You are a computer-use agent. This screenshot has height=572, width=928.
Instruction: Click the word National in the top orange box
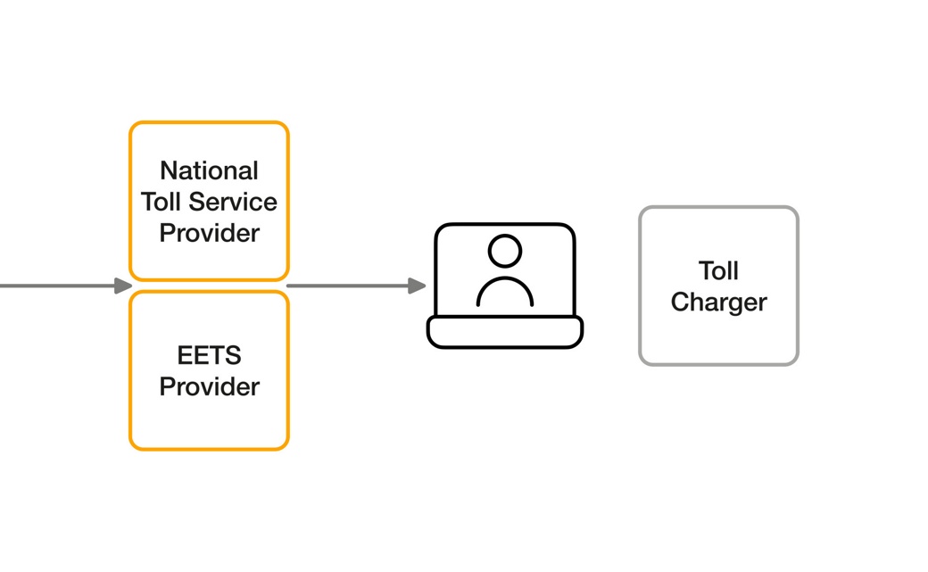point(209,170)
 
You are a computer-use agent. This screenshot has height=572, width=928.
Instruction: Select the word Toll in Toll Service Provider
point(160,202)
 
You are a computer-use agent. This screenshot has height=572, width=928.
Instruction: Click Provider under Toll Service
point(209,233)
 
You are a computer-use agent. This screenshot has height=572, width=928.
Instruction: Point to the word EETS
point(209,355)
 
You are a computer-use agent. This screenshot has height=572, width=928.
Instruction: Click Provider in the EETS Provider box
point(209,386)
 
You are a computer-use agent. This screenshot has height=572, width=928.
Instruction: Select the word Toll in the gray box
point(718,270)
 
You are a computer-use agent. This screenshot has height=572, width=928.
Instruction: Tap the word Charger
point(718,302)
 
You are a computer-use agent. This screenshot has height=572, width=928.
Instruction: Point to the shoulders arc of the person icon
point(505,278)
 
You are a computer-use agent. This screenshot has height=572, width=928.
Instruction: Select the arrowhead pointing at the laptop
point(417,286)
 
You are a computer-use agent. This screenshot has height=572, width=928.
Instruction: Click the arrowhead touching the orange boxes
point(123,286)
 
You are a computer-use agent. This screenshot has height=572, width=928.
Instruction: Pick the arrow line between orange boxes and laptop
point(348,286)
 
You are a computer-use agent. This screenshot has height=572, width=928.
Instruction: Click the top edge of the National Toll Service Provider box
point(209,122)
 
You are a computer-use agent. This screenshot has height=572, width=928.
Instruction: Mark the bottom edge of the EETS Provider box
point(209,448)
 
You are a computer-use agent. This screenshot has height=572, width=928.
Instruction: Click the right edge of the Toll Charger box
point(797,286)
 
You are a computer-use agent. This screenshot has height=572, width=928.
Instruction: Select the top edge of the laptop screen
point(505,224)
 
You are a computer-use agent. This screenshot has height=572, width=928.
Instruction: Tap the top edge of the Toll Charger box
point(718,207)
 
